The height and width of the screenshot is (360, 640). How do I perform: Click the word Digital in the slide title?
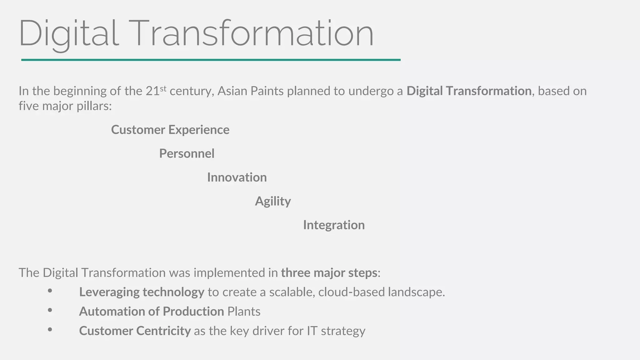pyautogui.click(x=69, y=34)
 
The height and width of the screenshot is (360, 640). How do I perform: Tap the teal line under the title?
pyautogui.click(x=211, y=60)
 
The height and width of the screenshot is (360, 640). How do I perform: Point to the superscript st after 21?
pyautogui.click(x=163, y=88)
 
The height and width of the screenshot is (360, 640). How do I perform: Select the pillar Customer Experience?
pyautogui.click(x=170, y=130)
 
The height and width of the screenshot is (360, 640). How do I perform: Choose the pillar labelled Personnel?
pyautogui.click(x=187, y=153)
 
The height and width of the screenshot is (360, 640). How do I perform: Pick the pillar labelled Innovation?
pyautogui.click(x=237, y=177)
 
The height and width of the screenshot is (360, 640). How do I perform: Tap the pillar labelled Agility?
pyautogui.click(x=273, y=201)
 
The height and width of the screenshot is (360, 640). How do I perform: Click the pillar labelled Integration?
pyautogui.click(x=334, y=225)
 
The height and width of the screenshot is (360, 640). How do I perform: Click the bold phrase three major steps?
pyautogui.click(x=329, y=273)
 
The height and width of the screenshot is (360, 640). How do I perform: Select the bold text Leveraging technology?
pyautogui.click(x=142, y=292)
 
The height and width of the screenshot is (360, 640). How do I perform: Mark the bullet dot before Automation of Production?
pyautogui.click(x=50, y=310)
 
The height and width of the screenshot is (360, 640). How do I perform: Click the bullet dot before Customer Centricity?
pyautogui.click(x=50, y=329)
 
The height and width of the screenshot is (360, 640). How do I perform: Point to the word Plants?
pyautogui.click(x=244, y=312)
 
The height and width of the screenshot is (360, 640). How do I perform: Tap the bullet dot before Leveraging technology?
pyautogui.click(x=50, y=291)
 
